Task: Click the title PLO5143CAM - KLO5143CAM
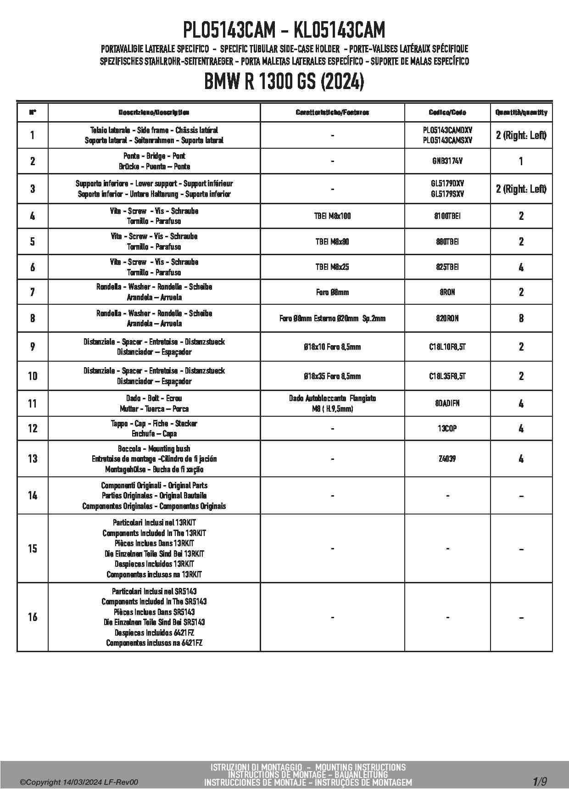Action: [x=284, y=31]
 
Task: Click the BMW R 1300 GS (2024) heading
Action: [x=284, y=82]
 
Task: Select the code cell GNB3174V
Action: [x=447, y=161]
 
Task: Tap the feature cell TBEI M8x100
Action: [x=332, y=216]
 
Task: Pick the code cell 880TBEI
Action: [x=447, y=241]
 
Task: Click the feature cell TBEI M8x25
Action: [x=332, y=267]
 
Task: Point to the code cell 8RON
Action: [x=447, y=292]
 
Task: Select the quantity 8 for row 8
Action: [x=521, y=318]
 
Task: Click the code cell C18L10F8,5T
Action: [x=447, y=347]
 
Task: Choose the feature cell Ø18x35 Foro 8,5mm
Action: [x=332, y=376]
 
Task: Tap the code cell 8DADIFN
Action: [x=447, y=403]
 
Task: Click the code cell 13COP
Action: [x=447, y=428]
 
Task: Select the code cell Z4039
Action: [x=447, y=458]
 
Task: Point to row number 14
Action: [x=33, y=495]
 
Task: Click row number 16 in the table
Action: [x=33, y=617]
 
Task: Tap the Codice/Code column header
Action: [x=447, y=112]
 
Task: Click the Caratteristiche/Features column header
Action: [x=332, y=112]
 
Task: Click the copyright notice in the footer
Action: [x=79, y=783]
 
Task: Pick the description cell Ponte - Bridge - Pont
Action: [x=154, y=161]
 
